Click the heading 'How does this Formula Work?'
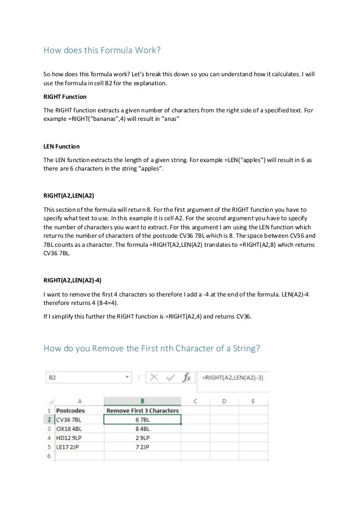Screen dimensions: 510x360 pyautogui.click(x=102, y=50)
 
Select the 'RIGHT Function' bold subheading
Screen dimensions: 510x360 pyautogui.click(x=65, y=97)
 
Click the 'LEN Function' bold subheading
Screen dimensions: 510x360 pyautogui.click(x=62, y=146)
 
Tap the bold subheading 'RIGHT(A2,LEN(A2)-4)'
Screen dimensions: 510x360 pyautogui.click(x=72, y=280)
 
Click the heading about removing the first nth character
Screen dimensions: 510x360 pyautogui.click(x=152, y=348)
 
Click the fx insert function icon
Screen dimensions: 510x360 pyautogui.click(x=188, y=377)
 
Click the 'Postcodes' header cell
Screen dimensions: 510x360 pyautogui.click(x=71, y=411)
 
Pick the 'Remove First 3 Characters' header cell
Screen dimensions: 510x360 pyautogui.click(x=142, y=411)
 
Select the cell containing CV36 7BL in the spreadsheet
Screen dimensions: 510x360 pyautogui.click(x=69, y=420)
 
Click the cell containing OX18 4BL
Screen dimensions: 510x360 pyautogui.click(x=69, y=429)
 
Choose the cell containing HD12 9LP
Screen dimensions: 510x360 pyautogui.click(x=69, y=438)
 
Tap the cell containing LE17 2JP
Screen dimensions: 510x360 pyautogui.click(x=69, y=447)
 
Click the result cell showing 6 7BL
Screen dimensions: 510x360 pyautogui.click(x=142, y=420)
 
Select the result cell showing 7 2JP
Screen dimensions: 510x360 pyautogui.click(x=142, y=447)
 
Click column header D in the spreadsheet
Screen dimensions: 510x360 pyautogui.click(x=224, y=402)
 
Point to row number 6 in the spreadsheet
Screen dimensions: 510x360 pyautogui.click(x=50, y=455)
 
